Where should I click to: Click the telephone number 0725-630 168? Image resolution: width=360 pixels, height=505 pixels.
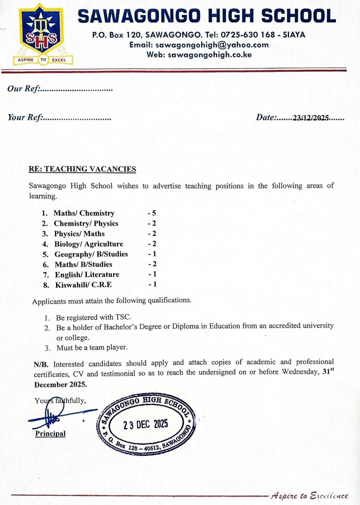[x=248, y=35]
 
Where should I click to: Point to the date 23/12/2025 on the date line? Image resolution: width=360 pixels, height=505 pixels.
[x=311, y=118]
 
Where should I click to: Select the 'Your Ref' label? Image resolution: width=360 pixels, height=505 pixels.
[x=25, y=118]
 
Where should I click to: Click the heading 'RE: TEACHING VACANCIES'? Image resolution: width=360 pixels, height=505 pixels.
[x=82, y=169]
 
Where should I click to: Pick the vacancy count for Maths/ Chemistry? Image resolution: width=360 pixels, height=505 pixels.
[x=152, y=213]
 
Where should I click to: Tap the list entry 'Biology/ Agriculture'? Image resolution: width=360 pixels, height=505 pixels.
[x=89, y=244]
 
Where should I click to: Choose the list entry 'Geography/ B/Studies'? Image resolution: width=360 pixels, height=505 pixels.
[x=91, y=254]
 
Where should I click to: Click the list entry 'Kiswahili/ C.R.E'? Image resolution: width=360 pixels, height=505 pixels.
[x=83, y=285]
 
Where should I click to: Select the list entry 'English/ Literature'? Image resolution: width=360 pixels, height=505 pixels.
[x=87, y=275]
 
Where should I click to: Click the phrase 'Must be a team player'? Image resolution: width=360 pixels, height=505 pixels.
[x=92, y=347]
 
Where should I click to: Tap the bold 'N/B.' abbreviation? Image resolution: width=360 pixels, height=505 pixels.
[x=41, y=364]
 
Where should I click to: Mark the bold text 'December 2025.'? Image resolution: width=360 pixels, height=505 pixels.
[x=60, y=384]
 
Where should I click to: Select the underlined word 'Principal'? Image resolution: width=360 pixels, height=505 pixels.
[x=50, y=434]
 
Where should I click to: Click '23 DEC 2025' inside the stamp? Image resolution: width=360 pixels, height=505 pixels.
[x=146, y=424]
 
